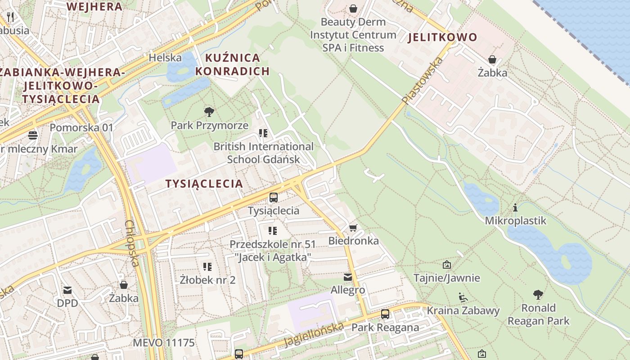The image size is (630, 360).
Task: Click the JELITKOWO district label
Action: (442, 37)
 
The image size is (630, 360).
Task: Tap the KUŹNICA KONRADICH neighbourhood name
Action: (233, 64)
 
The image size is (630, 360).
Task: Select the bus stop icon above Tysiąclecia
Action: (273, 197)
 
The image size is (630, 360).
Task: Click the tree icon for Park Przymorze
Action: (209, 112)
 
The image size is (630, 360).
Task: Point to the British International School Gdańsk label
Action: (263, 153)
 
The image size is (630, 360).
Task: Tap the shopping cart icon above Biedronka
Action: (353, 228)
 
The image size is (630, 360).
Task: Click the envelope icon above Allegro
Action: (348, 277)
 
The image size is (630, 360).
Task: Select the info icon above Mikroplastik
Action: (515, 207)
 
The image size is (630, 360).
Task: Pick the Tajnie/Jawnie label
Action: (446, 278)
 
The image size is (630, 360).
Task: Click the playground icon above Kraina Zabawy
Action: (463, 297)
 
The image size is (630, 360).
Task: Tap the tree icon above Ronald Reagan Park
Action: (538, 295)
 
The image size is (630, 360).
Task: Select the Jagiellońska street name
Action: (313, 334)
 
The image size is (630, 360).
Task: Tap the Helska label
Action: (165, 58)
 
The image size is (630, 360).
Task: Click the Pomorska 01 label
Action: (81, 127)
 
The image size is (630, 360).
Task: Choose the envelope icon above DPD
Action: (67, 290)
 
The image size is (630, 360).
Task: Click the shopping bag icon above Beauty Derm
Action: (353, 9)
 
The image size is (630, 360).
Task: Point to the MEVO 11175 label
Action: (164, 343)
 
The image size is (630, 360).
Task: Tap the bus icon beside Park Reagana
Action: (385, 314)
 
